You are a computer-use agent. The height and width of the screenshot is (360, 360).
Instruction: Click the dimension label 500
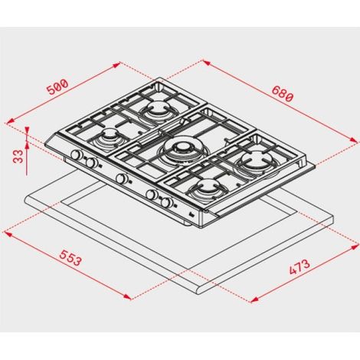(x=57, y=87)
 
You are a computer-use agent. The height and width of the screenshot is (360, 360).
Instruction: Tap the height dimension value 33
(x=18, y=156)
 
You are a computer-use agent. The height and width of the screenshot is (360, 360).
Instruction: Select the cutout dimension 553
(x=70, y=257)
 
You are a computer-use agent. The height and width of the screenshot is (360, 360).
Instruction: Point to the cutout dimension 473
(x=299, y=267)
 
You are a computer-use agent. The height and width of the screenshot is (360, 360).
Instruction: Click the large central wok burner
(x=182, y=149)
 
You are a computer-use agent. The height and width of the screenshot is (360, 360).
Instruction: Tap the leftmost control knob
(x=77, y=155)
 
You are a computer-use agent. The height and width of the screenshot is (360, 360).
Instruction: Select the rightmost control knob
(x=166, y=203)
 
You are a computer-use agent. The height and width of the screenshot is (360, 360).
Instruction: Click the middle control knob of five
(x=121, y=178)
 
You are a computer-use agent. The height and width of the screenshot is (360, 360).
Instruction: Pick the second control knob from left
(x=91, y=162)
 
